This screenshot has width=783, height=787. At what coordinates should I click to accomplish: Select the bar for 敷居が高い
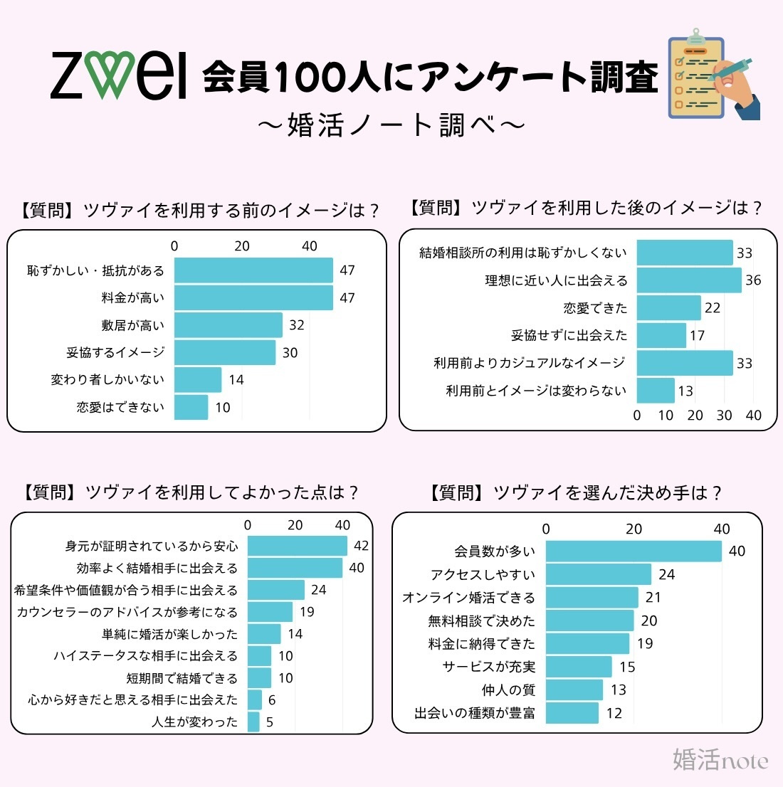click(228, 325)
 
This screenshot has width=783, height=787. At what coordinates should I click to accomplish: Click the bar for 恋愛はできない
click(191, 407)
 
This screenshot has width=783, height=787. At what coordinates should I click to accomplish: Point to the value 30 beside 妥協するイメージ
click(290, 353)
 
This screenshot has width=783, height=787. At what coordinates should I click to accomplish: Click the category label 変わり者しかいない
click(107, 380)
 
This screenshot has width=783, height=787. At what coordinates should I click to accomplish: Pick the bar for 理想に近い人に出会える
click(688, 280)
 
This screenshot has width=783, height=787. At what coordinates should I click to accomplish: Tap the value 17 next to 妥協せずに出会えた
click(697, 335)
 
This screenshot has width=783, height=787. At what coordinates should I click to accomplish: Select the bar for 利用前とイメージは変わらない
click(655, 391)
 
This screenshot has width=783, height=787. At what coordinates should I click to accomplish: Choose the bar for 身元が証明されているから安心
click(297, 546)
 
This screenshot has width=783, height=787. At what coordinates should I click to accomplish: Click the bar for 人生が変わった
click(253, 722)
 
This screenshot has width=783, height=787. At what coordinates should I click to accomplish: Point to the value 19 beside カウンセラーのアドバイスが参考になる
click(306, 612)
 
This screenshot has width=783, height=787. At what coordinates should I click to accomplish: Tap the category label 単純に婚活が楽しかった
click(169, 634)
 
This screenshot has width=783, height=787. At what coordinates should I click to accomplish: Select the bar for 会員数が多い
click(633, 551)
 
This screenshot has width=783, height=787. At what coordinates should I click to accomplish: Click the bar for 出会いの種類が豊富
click(572, 713)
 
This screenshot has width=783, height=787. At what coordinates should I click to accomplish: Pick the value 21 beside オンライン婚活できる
click(653, 598)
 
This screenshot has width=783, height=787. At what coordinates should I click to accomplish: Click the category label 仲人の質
click(508, 690)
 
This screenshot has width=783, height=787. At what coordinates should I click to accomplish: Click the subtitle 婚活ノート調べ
click(391, 125)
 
